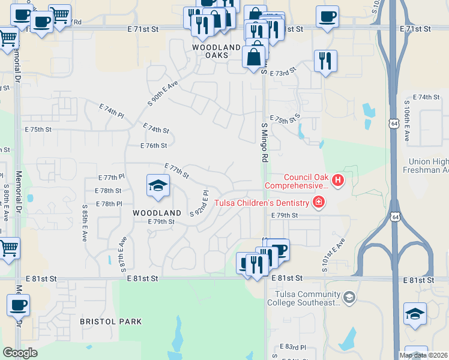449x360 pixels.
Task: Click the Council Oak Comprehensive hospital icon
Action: click(338, 179)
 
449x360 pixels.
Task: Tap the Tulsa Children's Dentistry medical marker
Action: click(318, 203)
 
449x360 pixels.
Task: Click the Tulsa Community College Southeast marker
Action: click(349, 297)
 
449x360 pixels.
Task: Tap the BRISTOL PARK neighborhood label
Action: click(111, 322)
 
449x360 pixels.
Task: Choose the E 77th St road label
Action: click(177, 171)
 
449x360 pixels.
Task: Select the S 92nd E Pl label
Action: click(199, 204)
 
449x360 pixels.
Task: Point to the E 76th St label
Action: click(153, 145)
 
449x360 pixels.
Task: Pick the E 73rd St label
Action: click(283, 73)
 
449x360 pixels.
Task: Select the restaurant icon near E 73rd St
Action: click(325, 61)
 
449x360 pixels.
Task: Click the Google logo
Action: click(20, 353)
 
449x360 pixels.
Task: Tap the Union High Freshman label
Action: click(428, 166)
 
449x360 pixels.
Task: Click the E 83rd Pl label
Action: click(294, 347)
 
